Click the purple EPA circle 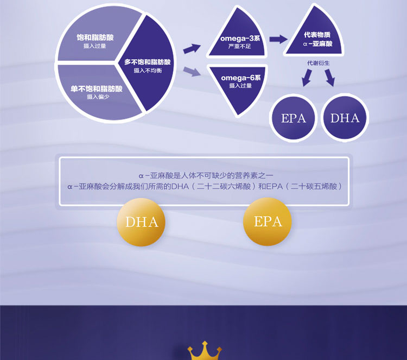click(x=294, y=118)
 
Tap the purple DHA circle click(x=345, y=118)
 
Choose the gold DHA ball click(x=142, y=222)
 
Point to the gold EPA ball click(x=268, y=222)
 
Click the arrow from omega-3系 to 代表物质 click(x=278, y=39)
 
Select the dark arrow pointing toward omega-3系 click(x=192, y=48)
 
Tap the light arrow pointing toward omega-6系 click(x=192, y=71)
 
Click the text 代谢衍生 click(x=318, y=64)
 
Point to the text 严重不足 click(x=239, y=47)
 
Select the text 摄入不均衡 click(x=148, y=71)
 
